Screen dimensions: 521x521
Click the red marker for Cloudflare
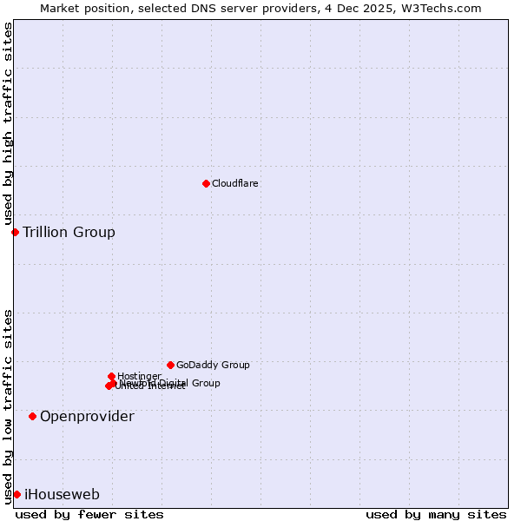(206, 183)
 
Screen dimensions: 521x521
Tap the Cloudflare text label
(234, 184)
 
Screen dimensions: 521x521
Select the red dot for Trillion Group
(15, 232)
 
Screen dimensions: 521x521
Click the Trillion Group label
(69, 232)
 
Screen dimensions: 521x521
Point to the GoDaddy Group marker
(170, 365)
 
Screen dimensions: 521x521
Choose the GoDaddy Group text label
(213, 366)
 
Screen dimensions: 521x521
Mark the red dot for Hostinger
(112, 376)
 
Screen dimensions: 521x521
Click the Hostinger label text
(139, 376)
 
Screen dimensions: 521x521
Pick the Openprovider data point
(32, 416)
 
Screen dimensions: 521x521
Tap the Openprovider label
(87, 417)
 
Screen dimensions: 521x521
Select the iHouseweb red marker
(16, 494)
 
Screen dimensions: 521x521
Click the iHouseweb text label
(62, 495)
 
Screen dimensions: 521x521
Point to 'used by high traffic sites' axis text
(9, 124)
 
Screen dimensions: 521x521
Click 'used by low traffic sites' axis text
(9, 406)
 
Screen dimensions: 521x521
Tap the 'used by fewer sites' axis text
(89, 515)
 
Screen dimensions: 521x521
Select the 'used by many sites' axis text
(435, 515)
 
